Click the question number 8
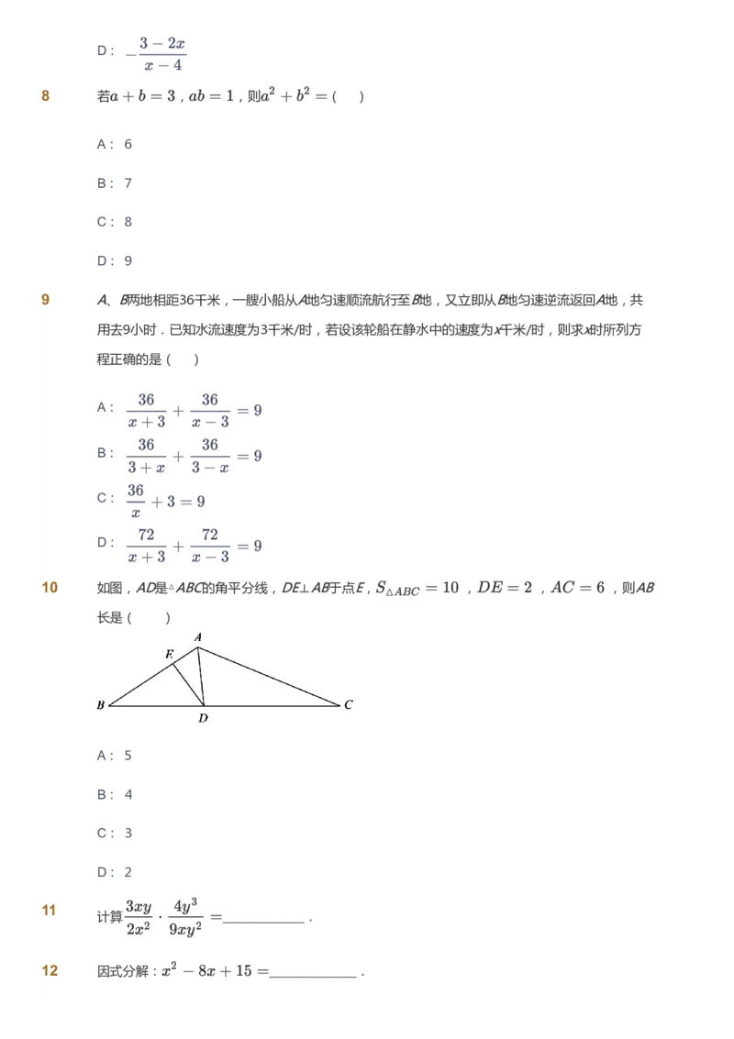(46, 96)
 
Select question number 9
(46, 300)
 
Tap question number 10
(50, 588)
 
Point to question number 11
(50, 911)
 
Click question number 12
(50, 970)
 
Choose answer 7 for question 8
(128, 183)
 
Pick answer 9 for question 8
(128, 261)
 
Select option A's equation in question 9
(194, 410)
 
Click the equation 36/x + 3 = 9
(165, 501)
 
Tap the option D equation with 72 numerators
(194, 546)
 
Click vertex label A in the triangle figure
(198, 637)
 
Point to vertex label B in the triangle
(100, 705)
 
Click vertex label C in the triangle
(349, 705)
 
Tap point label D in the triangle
(203, 718)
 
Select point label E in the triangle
(169, 655)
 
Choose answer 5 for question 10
(128, 756)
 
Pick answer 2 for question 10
(128, 872)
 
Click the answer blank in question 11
(263, 918)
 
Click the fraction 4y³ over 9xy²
(186, 916)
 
